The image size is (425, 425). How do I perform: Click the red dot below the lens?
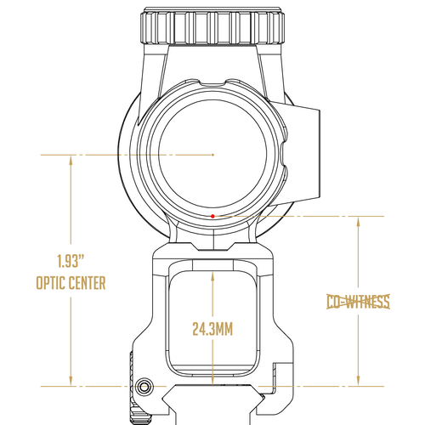pos(212,216)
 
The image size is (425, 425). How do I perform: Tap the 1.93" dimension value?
pos(71,261)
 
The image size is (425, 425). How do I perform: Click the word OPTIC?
pos(51,283)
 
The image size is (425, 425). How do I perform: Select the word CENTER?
pos(88,283)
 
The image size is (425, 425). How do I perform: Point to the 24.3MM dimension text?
pos(212,329)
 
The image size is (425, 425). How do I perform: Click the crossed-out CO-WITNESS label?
pos(358,302)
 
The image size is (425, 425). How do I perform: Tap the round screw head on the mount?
pos(144,387)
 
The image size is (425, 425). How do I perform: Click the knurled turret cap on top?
pos(212,26)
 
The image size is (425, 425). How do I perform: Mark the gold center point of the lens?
pos(212,155)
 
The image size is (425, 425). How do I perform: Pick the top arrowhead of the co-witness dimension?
pos(358,222)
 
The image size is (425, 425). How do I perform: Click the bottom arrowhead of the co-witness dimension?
pos(358,381)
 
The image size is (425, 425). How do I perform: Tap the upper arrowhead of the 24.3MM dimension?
pos(212,277)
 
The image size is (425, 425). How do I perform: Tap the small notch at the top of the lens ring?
pos(212,82)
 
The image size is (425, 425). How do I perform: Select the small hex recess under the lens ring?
pos(212,246)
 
